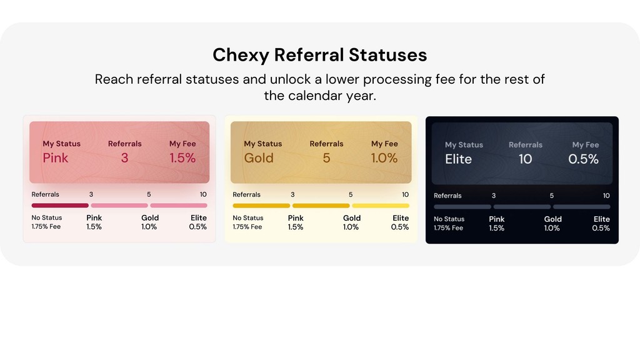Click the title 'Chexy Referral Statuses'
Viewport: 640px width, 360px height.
[x=319, y=55]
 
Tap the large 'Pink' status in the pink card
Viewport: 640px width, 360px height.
[x=56, y=158]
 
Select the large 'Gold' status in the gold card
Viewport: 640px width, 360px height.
[x=259, y=158]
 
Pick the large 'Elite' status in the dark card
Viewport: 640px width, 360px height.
[x=458, y=159]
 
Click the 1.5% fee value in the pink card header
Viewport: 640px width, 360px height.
[x=182, y=158]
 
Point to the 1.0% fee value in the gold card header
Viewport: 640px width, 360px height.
[x=384, y=158]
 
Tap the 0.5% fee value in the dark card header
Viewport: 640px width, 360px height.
[x=583, y=159]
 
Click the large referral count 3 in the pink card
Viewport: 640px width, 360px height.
[x=124, y=158]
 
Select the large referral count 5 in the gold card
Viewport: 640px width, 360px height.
[x=326, y=158]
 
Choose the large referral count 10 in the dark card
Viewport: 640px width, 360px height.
[x=526, y=159]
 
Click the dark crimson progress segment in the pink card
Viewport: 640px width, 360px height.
[x=60, y=205]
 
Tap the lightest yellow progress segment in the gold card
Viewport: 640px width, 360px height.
[x=381, y=205]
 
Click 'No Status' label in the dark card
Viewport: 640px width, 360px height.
[x=449, y=219]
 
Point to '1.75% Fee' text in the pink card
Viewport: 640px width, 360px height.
[x=46, y=227]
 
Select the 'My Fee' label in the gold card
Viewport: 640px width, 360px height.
[x=385, y=144]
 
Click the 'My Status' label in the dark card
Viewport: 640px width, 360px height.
[x=464, y=145]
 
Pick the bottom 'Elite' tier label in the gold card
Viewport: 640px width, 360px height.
[x=401, y=218]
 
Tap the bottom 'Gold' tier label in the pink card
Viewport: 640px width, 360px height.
[x=150, y=218]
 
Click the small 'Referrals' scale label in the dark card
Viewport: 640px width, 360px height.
[x=447, y=196]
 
